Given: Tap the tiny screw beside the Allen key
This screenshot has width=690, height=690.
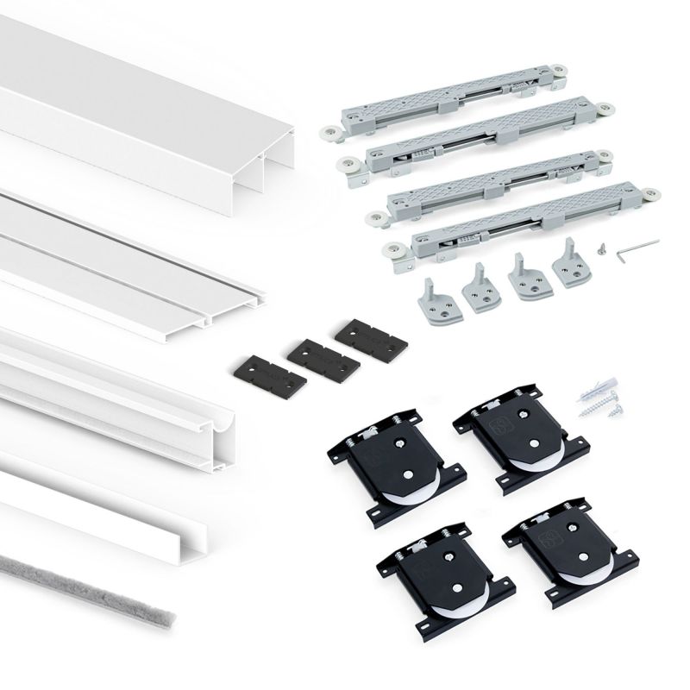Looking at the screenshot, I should click(x=601, y=248).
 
